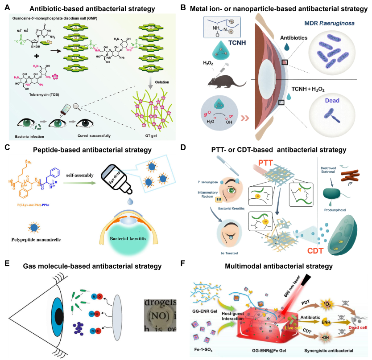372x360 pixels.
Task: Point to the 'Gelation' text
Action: pyautogui.click(x=160, y=82)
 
